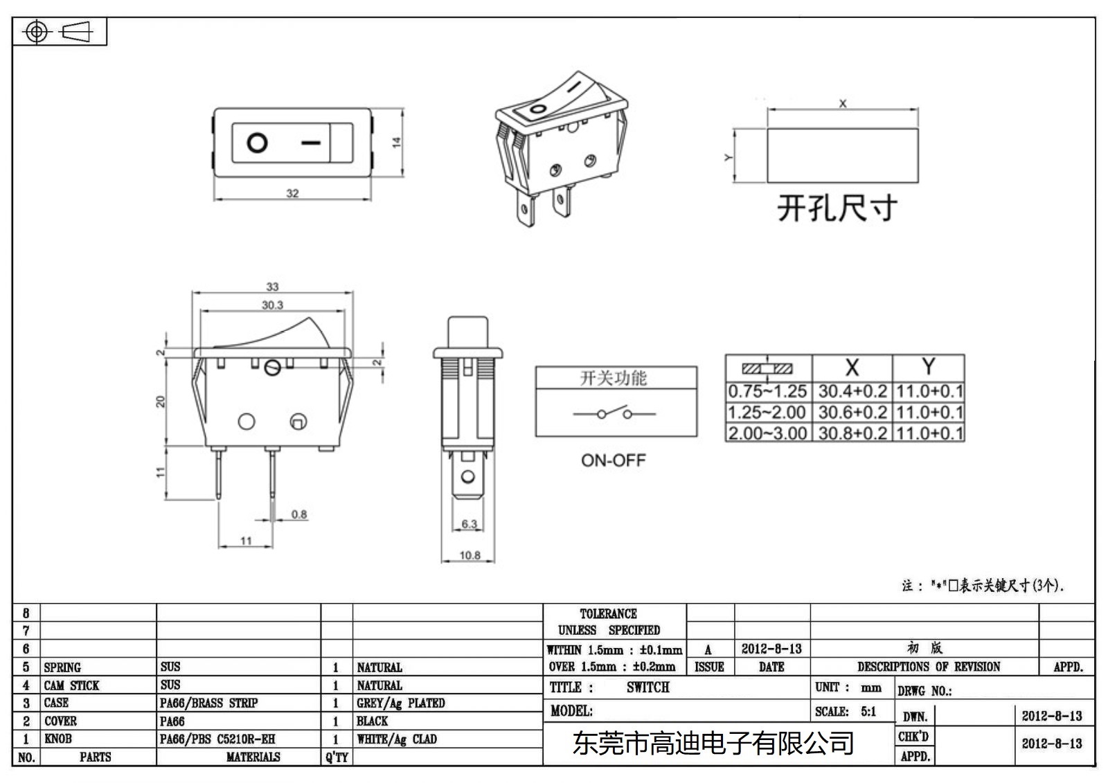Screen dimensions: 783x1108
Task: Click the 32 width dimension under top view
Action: (292, 193)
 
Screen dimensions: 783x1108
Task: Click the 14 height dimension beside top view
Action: (397, 142)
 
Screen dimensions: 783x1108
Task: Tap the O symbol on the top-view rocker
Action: (257, 143)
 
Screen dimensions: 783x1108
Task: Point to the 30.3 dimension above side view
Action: (272, 305)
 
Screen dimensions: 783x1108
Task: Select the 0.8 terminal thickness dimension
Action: (299, 514)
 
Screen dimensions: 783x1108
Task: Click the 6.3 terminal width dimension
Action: (470, 524)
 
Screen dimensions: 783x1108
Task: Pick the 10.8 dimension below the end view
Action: (470, 555)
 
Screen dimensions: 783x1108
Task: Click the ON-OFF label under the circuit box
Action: (613, 460)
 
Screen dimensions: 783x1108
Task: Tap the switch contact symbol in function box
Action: (614, 414)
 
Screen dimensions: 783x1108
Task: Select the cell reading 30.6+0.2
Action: (852, 413)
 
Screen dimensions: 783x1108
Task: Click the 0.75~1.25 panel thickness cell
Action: (767, 392)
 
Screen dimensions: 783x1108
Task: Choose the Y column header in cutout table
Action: (929, 366)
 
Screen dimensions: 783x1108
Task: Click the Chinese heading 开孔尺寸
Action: (837, 208)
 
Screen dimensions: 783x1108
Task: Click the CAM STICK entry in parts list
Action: (72, 685)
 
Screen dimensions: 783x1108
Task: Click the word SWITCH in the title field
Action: (647, 687)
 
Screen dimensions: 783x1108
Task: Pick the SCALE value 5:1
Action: (868, 712)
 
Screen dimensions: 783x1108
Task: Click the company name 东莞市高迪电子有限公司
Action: (713, 744)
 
